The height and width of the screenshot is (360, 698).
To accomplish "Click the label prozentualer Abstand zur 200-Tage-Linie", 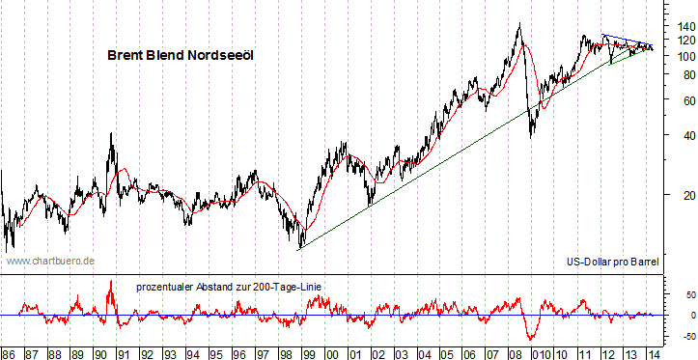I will [x=230, y=286].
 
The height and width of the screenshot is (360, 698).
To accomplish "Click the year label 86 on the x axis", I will [x=9, y=352].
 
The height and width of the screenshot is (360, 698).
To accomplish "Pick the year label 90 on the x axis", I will [x=102, y=352].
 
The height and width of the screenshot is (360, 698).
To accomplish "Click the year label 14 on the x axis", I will [x=656, y=352].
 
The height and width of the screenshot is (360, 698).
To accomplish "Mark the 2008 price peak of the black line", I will [x=520, y=24].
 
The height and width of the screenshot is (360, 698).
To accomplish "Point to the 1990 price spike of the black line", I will [x=112, y=133].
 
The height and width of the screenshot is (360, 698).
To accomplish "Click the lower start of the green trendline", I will [x=299, y=248].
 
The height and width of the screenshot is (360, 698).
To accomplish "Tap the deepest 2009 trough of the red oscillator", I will [x=530, y=340].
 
